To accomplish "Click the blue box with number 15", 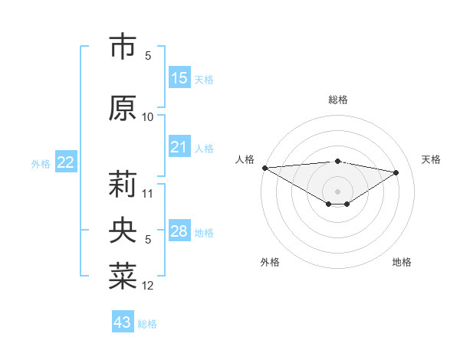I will click(x=179, y=78).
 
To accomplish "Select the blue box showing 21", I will click(x=179, y=147).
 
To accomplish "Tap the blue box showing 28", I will click(x=179, y=231).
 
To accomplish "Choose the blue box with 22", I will click(x=66, y=162).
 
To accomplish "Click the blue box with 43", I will click(x=123, y=322).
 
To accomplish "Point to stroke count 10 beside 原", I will click(x=148, y=117).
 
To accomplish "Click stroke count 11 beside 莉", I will click(x=148, y=193).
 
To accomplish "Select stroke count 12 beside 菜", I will click(x=148, y=286).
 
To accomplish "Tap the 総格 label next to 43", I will click(x=147, y=324).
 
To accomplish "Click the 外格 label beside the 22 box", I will click(x=41, y=164).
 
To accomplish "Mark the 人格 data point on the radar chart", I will click(x=264, y=168).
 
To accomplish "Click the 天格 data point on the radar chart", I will click(x=396, y=172).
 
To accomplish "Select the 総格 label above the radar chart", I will click(x=337, y=100).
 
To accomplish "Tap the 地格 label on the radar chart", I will click(x=402, y=262).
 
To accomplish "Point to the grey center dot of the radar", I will click(x=337, y=190).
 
